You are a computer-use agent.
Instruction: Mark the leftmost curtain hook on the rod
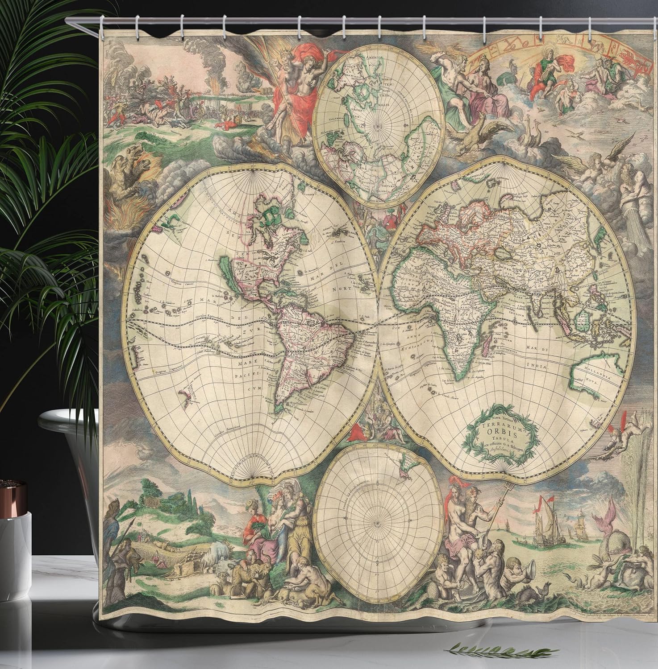tap(102, 21)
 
